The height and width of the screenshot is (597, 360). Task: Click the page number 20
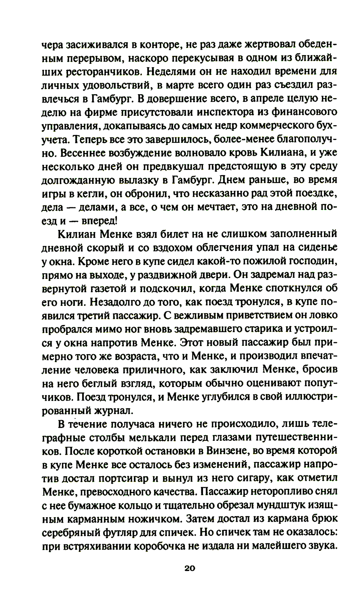(189, 568)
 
